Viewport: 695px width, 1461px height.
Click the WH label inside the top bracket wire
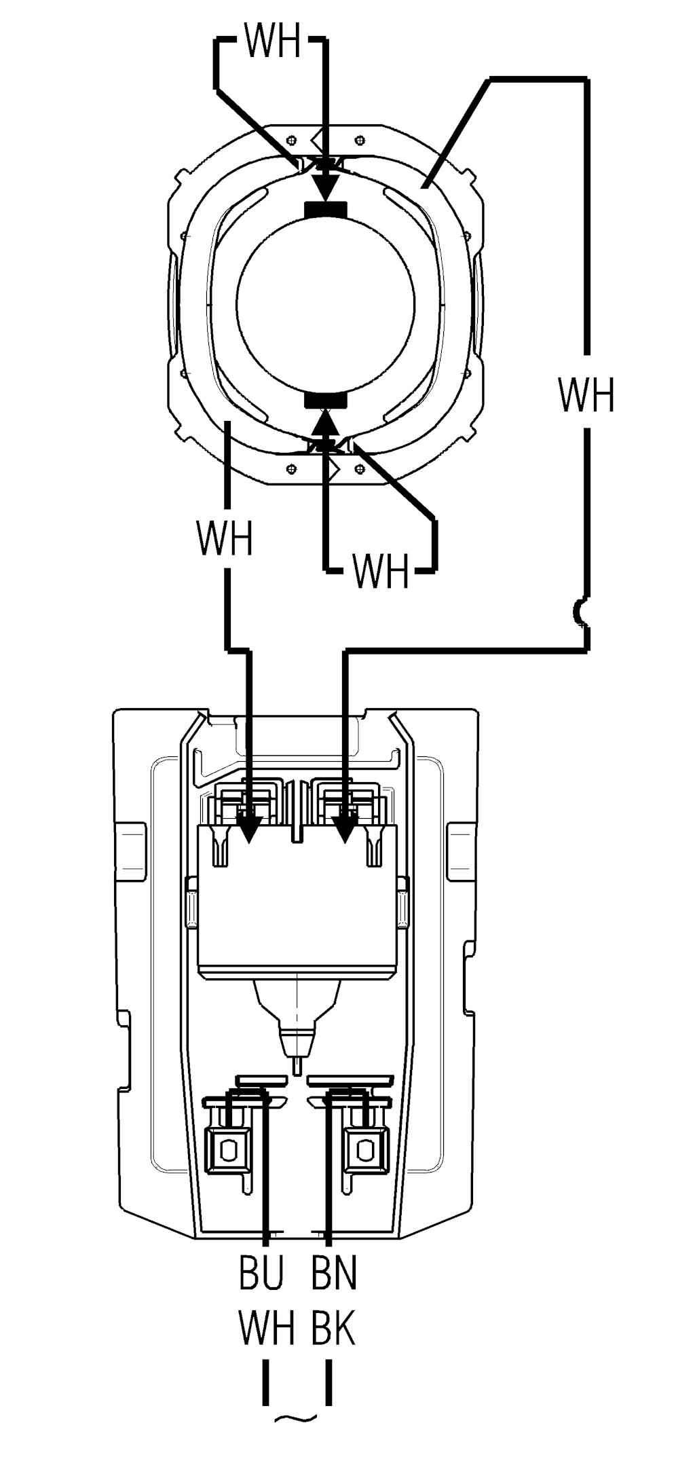coord(271,42)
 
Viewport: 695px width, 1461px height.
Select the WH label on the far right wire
coord(586,394)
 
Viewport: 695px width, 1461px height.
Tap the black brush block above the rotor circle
coord(326,210)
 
